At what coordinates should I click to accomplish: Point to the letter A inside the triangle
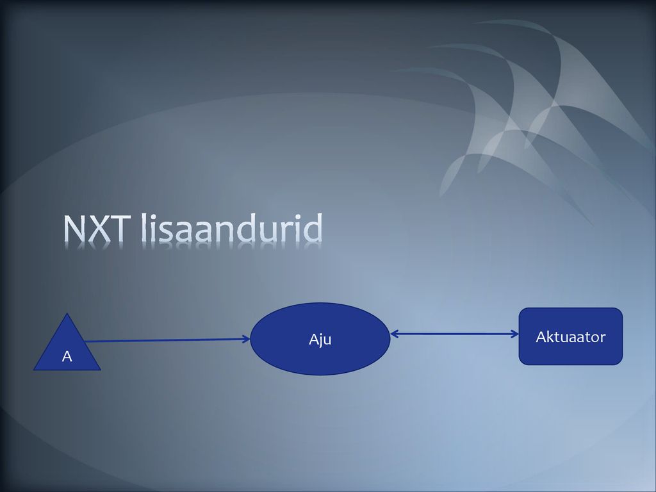(67, 356)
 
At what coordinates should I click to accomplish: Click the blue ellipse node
(320, 339)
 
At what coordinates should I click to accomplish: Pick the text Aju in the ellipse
(320, 340)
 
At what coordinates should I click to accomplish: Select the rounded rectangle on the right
(571, 336)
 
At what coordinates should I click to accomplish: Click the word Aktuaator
(571, 337)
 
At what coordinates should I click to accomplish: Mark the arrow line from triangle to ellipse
(167, 341)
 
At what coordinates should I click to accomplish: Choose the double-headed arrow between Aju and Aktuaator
(455, 334)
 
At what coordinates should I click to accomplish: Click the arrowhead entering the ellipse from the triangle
(247, 340)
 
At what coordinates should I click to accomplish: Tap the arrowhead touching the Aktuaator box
(515, 334)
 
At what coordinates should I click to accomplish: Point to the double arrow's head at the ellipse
(395, 334)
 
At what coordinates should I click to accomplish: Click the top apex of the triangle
(67, 313)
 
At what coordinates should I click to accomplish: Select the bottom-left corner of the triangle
(33, 370)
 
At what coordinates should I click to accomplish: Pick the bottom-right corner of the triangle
(101, 370)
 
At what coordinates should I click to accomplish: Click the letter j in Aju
(320, 340)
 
